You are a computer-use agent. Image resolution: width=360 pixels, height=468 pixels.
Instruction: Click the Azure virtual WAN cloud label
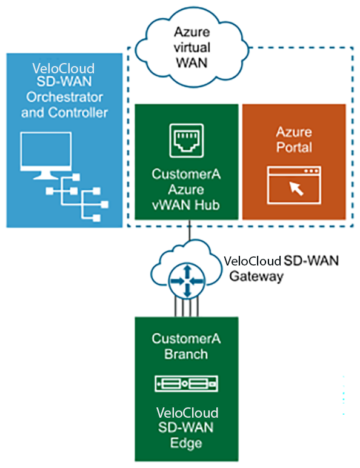tap(192, 47)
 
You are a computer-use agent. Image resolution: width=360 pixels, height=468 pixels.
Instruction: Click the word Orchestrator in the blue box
tap(64, 98)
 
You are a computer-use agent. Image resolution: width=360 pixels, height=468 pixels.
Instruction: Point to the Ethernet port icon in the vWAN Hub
tap(187, 141)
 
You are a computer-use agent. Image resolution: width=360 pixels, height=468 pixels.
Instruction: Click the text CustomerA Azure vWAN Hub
tap(186, 190)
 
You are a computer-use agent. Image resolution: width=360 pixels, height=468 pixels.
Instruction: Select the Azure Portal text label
tap(294, 139)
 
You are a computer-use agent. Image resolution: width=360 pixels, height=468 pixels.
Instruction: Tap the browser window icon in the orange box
tap(294, 185)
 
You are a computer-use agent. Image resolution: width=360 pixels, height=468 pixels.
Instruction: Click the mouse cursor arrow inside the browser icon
tap(296, 189)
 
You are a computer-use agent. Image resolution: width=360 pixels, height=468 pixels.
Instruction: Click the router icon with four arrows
tap(187, 281)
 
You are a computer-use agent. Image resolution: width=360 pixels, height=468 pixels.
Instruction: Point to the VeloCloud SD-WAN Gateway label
tap(281, 269)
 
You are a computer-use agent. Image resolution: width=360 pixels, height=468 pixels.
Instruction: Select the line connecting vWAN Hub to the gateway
tap(189, 230)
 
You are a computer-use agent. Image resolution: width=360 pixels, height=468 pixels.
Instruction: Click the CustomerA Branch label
tap(186, 347)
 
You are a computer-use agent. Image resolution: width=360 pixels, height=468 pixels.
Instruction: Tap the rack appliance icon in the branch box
tap(186, 384)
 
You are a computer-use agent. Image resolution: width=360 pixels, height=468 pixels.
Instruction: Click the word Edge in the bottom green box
tap(186, 443)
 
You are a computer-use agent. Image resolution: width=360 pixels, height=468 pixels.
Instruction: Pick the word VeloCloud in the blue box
tap(64, 69)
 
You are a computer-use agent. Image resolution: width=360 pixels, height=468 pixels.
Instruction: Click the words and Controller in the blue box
tap(64, 113)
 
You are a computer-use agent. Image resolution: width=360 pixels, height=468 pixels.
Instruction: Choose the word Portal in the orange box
tap(294, 147)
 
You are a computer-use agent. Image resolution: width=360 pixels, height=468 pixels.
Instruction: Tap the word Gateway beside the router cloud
tap(256, 276)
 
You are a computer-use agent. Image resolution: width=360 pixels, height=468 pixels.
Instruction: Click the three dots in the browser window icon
tap(311, 171)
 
